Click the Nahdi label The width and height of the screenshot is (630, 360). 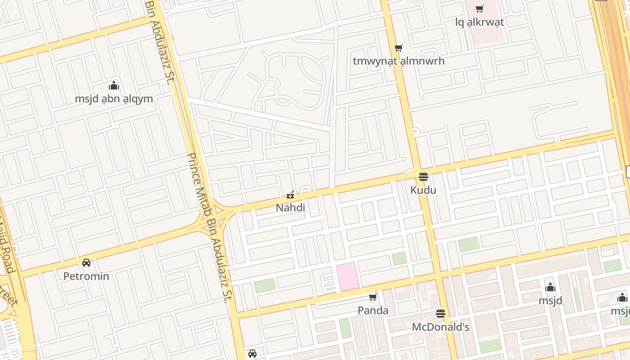pyautogui.click(x=290, y=207)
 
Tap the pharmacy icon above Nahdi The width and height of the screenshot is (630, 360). pyautogui.click(x=290, y=195)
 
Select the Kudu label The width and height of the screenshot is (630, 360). pyautogui.click(x=423, y=190)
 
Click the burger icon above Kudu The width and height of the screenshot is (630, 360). pyautogui.click(x=423, y=177)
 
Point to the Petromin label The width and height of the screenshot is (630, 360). pyautogui.click(x=86, y=276)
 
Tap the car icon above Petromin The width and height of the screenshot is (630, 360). pyautogui.click(x=86, y=263)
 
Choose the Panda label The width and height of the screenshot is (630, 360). pyautogui.click(x=373, y=310)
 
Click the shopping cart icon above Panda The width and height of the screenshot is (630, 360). pyautogui.click(x=373, y=297)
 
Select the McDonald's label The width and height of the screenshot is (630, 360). pyautogui.click(x=441, y=327)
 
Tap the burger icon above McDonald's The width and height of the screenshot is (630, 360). pyautogui.click(x=441, y=314)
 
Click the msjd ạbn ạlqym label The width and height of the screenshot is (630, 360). pyautogui.click(x=114, y=99)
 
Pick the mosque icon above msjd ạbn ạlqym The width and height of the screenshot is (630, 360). pyautogui.click(x=114, y=85)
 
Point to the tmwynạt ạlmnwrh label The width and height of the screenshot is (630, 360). pyautogui.click(x=398, y=61)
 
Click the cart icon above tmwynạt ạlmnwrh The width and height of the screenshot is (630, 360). pyautogui.click(x=398, y=48)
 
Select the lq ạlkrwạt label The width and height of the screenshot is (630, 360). pyautogui.click(x=480, y=22)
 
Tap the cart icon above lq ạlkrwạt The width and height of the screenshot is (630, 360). pyautogui.click(x=480, y=9)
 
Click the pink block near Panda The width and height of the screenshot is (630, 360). pyautogui.click(x=347, y=277)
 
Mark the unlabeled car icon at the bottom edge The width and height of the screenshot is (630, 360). pyautogui.click(x=252, y=354)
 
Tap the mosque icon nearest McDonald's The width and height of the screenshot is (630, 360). pyautogui.click(x=550, y=288)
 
